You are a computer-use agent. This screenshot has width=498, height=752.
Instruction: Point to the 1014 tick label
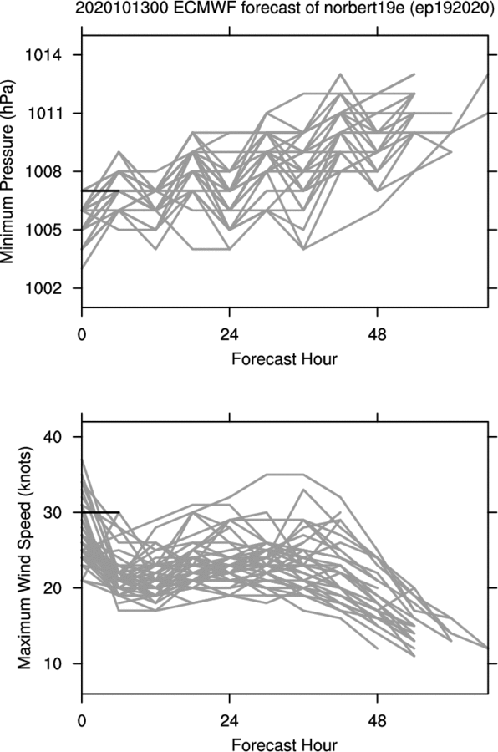[x=43, y=55]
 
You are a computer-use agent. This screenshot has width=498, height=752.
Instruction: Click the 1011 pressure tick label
[x=43, y=113]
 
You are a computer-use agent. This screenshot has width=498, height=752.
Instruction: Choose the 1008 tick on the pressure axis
[x=43, y=171]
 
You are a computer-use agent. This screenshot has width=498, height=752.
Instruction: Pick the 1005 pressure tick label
[x=43, y=230]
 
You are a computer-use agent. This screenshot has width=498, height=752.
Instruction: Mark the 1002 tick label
[x=43, y=287]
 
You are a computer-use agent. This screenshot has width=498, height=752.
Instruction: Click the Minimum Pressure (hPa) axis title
[x=8, y=171]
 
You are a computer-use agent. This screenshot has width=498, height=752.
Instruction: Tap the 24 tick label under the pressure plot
[x=229, y=333]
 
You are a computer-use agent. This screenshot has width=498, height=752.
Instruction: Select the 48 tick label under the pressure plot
[x=378, y=333]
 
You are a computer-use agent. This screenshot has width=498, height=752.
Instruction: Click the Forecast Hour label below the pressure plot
[x=284, y=358]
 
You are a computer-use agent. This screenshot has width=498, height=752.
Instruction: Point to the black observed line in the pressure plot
[x=100, y=191]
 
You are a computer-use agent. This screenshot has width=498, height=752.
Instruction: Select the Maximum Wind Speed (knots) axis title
[x=25, y=558]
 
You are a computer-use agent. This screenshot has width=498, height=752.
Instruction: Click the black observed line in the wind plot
[x=100, y=512]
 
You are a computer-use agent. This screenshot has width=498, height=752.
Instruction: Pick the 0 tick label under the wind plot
[x=82, y=721]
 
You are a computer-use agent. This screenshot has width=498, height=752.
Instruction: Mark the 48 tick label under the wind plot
[x=378, y=721]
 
